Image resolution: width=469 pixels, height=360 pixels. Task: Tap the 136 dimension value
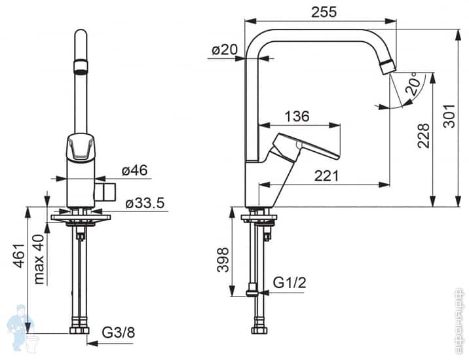297,117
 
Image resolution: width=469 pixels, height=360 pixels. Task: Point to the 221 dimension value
326,175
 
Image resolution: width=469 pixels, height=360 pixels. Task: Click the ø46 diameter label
134,171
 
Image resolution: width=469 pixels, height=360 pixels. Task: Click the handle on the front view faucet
81,148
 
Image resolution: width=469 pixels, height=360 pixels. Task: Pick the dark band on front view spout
81,63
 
